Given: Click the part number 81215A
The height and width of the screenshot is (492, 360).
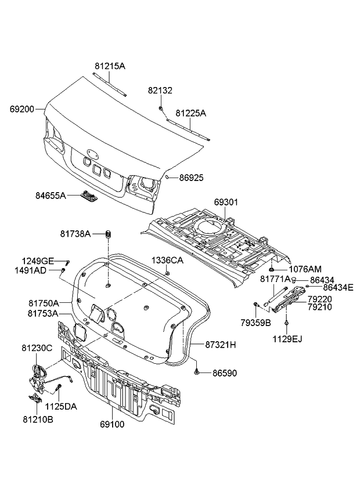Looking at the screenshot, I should pos(110,66).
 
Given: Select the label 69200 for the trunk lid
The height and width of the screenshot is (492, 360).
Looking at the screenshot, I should pos(21,108).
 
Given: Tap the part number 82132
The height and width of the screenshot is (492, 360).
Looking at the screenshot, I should pos(160,91).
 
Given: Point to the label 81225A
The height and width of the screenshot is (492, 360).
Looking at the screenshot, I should pos(190,114).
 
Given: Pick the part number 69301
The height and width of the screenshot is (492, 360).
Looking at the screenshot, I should pos(226,202).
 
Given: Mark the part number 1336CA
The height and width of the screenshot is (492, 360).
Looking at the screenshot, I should pos(168,261).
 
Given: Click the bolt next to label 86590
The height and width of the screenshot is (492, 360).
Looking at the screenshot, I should pos(198,369).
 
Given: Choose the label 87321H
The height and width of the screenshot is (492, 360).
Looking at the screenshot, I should pos(220,344).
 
